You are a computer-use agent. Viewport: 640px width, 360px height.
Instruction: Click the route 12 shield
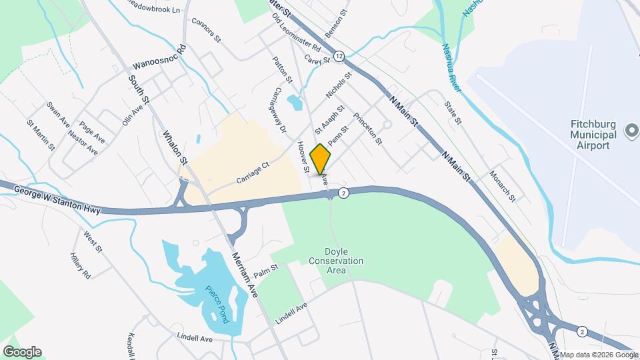click(x=339, y=55)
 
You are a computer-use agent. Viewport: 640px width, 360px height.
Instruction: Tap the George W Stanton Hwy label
click(x=57, y=201)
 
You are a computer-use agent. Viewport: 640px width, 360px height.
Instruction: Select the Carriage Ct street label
click(x=253, y=173)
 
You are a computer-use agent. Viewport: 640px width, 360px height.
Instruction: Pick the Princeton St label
click(x=368, y=129)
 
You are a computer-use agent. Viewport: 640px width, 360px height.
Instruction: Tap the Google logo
click(x=22, y=352)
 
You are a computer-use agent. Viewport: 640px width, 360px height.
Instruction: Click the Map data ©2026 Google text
click(x=599, y=355)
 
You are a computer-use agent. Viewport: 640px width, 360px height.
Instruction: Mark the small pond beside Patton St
click(x=294, y=102)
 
